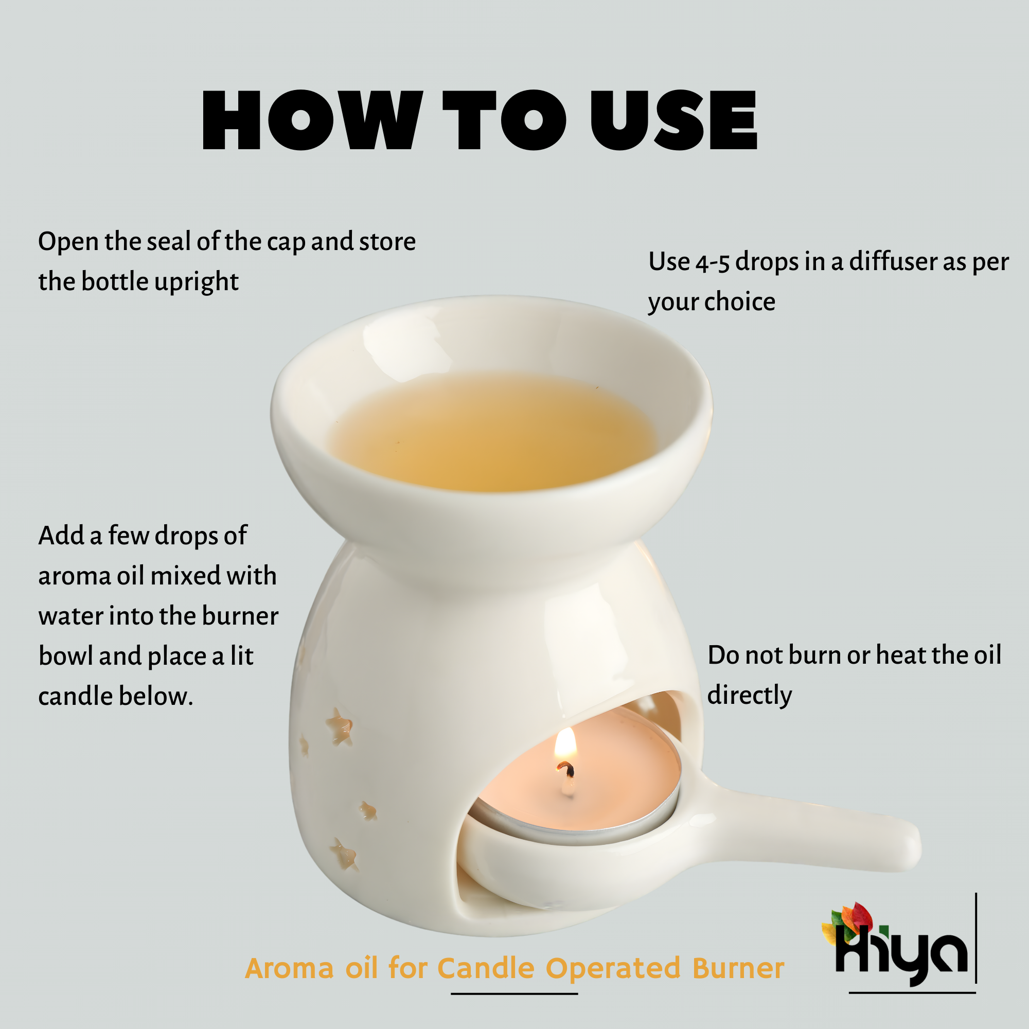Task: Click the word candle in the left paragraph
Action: pyautogui.click(x=75, y=697)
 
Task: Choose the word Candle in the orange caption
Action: pyautogui.click(x=486, y=968)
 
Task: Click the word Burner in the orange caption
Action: pyautogui.click(x=738, y=968)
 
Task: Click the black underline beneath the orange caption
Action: pyautogui.click(x=514, y=993)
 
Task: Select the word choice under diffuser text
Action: pyautogui.click(x=740, y=303)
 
